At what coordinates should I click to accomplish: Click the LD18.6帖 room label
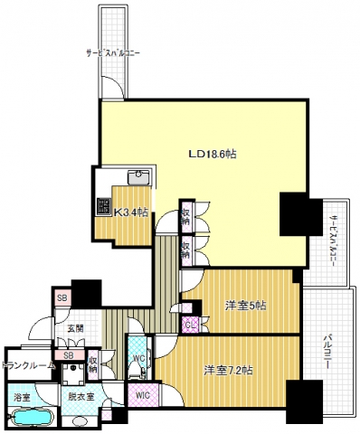tap(212, 155)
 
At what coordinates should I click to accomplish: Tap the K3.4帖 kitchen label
tap(131, 213)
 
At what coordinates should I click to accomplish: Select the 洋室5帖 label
tap(244, 305)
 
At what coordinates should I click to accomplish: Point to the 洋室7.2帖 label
tap(227, 371)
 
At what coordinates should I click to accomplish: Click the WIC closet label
tap(142, 395)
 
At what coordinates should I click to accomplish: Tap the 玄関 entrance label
tap(75, 329)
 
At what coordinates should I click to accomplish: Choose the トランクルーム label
tap(31, 365)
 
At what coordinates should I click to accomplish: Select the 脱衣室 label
tap(80, 395)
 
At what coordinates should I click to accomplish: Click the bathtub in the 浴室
tap(30, 417)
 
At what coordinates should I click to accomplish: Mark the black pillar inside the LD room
tap(298, 214)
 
